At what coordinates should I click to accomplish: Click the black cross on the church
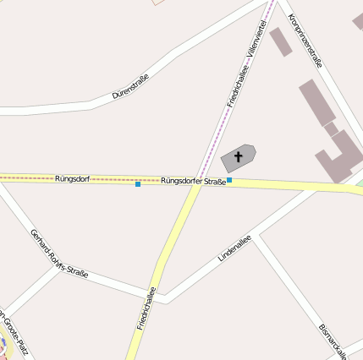239,156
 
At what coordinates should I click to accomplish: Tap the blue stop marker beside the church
229,180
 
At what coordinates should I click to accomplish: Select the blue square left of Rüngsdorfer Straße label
138,183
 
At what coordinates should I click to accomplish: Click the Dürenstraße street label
131,87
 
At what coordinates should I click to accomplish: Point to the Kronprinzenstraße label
305,41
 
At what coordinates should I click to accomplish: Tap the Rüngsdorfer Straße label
193,181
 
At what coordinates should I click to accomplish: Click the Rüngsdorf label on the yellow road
72,179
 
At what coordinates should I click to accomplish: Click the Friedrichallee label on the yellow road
146,308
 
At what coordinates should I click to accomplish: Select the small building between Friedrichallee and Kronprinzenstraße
281,41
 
